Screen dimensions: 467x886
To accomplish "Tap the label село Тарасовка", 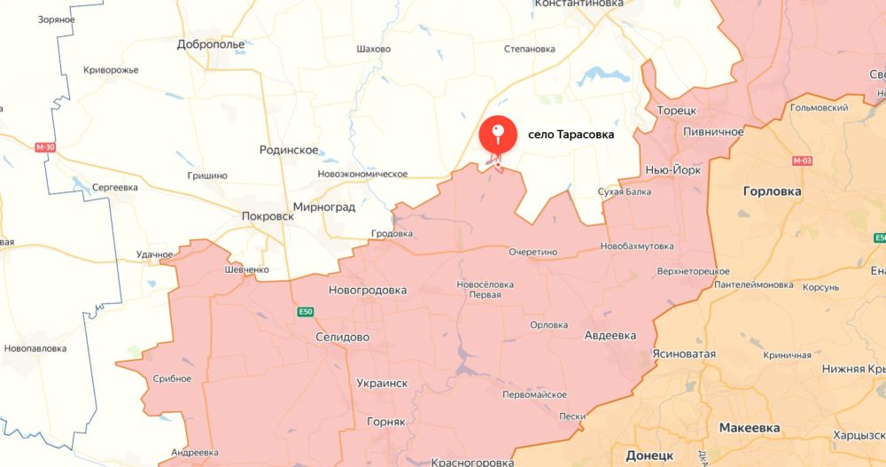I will tap(571, 135).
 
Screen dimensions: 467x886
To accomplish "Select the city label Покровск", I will tap(268, 215).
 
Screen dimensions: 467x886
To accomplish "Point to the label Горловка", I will tap(772, 191).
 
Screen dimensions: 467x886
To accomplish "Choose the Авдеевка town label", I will tap(610, 336).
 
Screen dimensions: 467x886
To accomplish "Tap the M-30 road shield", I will tap(45, 147).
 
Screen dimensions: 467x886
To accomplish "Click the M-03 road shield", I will tap(802, 160).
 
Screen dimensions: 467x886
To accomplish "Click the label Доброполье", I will tap(211, 43).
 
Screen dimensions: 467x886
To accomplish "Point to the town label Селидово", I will tap(343, 338).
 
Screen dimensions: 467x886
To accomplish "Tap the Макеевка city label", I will tap(750, 427).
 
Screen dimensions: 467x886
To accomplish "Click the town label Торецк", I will tap(677, 110).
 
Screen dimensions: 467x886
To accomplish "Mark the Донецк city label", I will tap(649, 455).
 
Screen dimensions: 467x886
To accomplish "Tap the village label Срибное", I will tap(172, 378).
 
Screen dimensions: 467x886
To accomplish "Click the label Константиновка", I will tap(579, 4).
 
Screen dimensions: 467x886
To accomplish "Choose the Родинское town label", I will tap(289, 150).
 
